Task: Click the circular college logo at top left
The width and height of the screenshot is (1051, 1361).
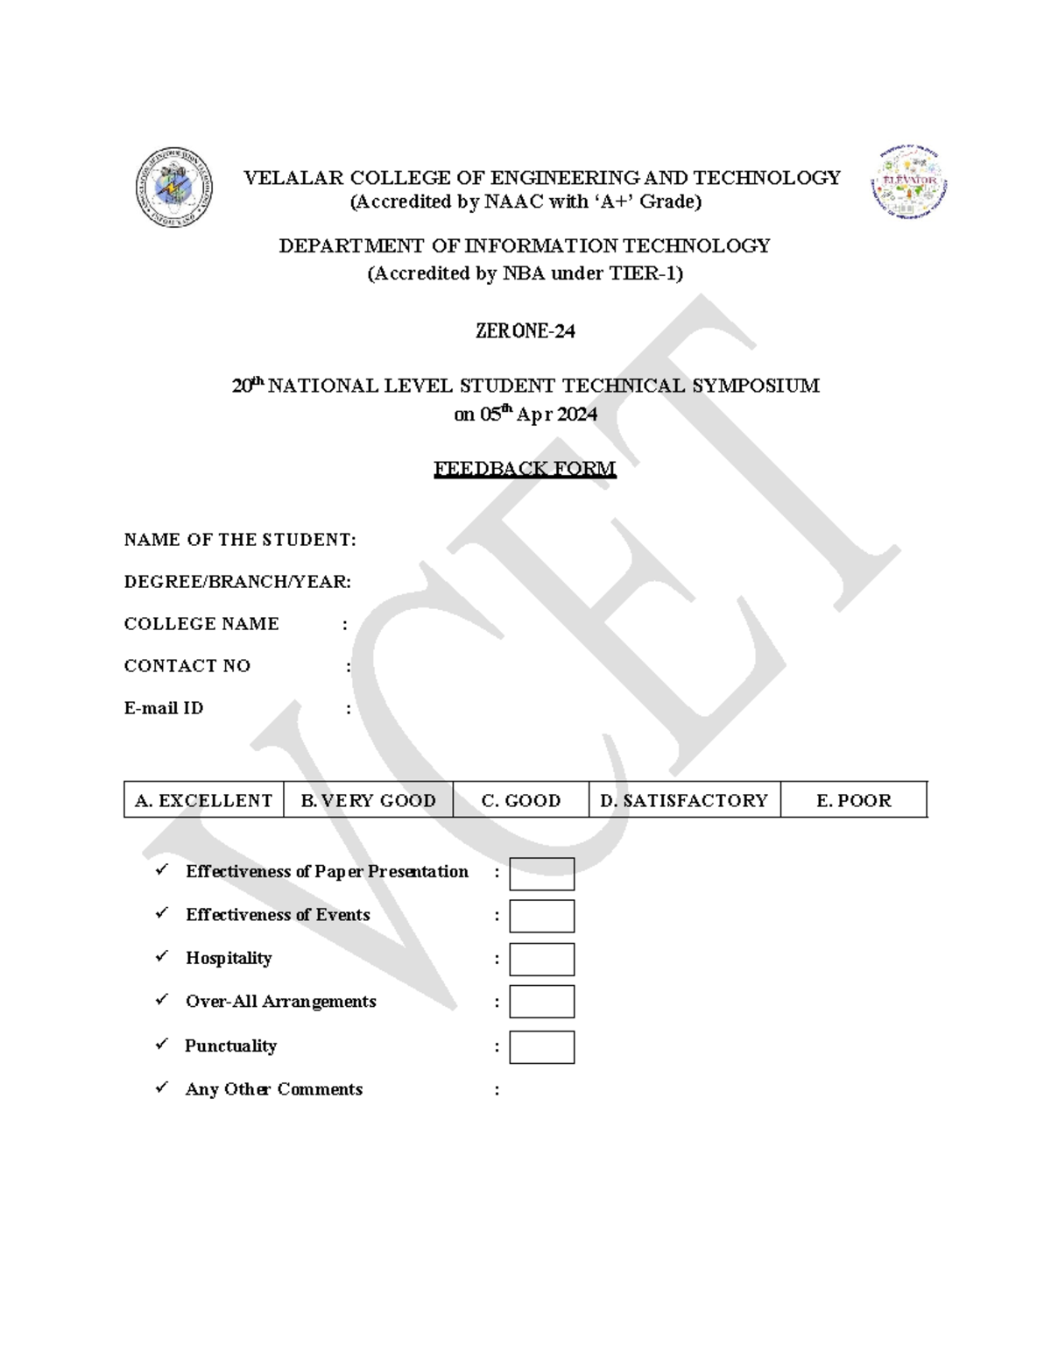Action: [174, 187]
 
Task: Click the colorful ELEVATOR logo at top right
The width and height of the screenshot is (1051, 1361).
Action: [909, 184]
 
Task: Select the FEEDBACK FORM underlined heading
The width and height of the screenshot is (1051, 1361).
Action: [525, 469]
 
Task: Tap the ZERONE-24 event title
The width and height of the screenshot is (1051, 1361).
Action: [525, 331]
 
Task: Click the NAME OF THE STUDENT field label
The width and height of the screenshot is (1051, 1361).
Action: [239, 540]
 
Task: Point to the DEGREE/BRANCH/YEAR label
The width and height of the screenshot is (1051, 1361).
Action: [237, 582]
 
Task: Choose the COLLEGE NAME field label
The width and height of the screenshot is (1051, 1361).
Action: [201, 624]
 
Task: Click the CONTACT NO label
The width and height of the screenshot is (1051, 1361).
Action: [187, 666]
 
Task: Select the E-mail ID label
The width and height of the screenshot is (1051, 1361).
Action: [164, 708]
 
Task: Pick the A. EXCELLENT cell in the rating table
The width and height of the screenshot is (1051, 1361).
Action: [203, 800]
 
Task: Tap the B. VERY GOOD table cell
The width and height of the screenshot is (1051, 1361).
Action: [368, 800]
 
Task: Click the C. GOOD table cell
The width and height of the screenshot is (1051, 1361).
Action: [521, 800]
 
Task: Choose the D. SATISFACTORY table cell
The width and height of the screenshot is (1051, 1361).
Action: [684, 800]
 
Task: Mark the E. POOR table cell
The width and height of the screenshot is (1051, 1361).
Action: [853, 800]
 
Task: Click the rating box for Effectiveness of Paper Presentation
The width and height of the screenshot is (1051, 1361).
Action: [542, 874]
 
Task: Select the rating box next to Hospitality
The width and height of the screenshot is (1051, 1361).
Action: [542, 960]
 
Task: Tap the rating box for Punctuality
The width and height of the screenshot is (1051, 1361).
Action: [542, 1047]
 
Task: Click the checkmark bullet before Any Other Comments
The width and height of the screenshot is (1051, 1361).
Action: [162, 1088]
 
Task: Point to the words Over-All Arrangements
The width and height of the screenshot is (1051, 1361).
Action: [280, 1002]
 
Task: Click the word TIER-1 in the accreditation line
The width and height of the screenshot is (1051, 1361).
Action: [645, 273]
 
